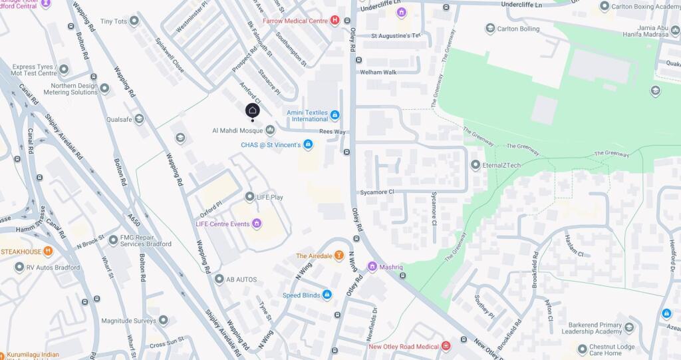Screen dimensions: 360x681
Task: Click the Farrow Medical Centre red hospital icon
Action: (x=335, y=21)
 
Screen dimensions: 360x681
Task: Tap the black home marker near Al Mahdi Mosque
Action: (x=252, y=110)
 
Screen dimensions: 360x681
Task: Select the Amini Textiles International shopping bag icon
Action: (x=335, y=115)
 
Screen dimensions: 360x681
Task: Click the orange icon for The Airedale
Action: (x=339, y=256)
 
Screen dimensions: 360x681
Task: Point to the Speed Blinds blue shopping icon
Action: (x=327, y=295)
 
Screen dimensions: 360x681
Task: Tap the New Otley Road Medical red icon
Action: (x=446, y=346)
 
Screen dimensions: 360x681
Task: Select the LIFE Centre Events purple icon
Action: (x=256, y=224)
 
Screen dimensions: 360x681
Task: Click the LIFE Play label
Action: (x=270, y=197)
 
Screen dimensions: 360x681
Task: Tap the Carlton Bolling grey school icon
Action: (x=490, y=29)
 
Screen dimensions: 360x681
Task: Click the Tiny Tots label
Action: (x=113, y=21)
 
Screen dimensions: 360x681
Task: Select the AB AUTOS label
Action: (x=241, y=279)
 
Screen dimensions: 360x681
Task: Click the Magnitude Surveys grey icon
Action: (x=164, y=320)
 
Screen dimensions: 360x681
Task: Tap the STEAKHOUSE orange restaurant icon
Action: (x=48, y=252)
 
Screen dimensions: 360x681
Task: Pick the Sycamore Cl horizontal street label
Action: (x=377, y=192)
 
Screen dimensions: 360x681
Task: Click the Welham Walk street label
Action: (x=378, y=72)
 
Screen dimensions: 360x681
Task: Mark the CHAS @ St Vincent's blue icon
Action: (x=307, y=144)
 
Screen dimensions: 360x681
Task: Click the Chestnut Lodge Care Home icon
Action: (x=583, y=349)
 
